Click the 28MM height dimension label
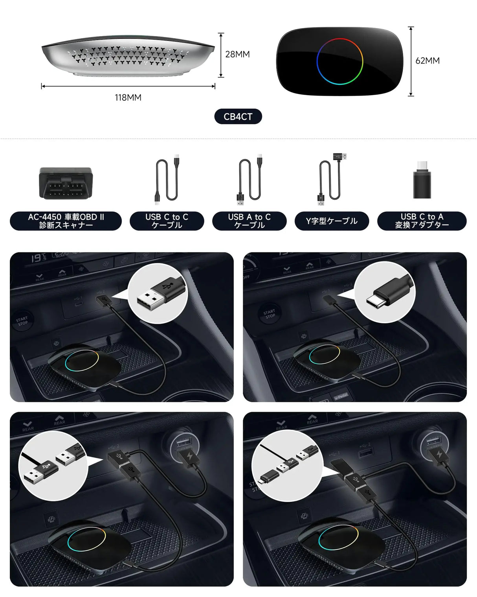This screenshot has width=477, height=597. pyautogui.click(x=237, y=54)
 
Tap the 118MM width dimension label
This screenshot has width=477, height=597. pyautogui.click(x=128, y=98)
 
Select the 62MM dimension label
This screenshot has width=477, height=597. pyautogui.click(x=427, y=61)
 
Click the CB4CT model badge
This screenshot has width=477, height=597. pyautogui.click(x=238, y=116)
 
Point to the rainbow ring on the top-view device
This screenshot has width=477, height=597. pyautogui.click(x=340, y=61)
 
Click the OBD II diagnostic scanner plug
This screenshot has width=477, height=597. pyautogui.click(x=66, y=183)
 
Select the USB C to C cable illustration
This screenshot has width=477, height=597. pyautogui.click(x=167, y=179)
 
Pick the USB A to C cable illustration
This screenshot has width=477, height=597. pyautogui.click(x=250, y=179)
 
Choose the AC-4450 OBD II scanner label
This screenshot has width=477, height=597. pyautogui.click(x=66, y=221)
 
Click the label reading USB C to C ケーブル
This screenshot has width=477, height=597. pyautogui.click(x=167, y=221)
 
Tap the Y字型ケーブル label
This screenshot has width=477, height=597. pyautogui.click(x=332, y=221)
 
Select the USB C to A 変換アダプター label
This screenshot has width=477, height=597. pyautogui.click(x=422, y=221)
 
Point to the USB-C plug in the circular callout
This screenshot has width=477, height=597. pyautogui.click(x=385, y=292)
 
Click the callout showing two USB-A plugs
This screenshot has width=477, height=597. pyautogui.click(x=53, y=466)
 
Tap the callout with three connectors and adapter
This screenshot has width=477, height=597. pyautogui.click(x=287, y=466)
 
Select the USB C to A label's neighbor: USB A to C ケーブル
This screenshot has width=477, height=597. pyautogui.click(x=250, y=221)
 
